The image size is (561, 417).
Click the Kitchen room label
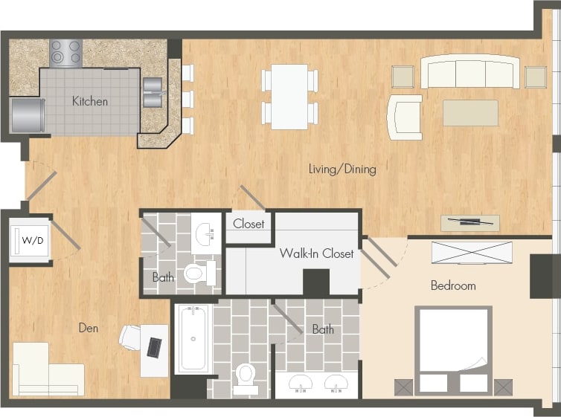pyautogui.click(x=90, y=101)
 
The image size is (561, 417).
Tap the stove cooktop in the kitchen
pyautogui.click(x=65, y=52)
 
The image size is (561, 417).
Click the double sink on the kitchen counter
pyautogui.click(x=152, y=91)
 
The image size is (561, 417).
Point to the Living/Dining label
pyautogui.click(x=342, y=169)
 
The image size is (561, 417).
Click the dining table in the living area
pyautogui.click(x=289, y=96)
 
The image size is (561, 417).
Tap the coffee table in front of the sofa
pyautogui.click(x=470, y=113)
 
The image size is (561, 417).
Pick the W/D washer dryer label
pyautogui.click(x=31, y=240)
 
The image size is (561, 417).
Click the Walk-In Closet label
pyautogui.click(x=316, y=253)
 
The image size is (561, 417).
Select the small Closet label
pyautogui.click(x=249, y=223)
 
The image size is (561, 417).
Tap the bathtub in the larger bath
pyautogui.click(x=193, y=339)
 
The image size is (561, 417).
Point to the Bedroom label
pyautogui.click(x=453, y=285)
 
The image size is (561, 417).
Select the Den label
pyautogui.click(x=89, y=327)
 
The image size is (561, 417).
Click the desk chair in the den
pyautogui.click(x=131, y=337)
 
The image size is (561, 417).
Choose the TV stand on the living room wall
pyautogui.click(x=469, y=222)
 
